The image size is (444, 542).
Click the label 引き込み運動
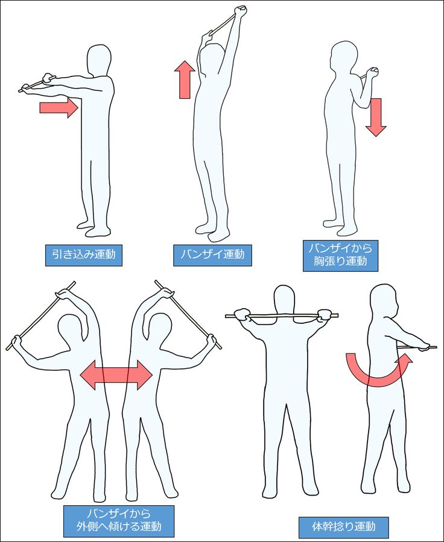tap(84, 255)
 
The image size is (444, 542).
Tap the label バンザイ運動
tap(212, 255)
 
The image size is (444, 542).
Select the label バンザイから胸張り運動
tap(340, 256)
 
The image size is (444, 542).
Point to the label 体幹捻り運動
tap(343, 527)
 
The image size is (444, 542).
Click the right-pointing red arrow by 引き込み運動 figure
tap(59, 108)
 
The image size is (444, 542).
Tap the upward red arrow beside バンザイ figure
tap(185, 80)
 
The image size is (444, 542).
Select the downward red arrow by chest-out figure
tap(376, 117)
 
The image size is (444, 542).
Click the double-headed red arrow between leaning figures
tap(116, 375)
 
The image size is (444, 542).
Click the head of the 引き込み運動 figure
tap(99, 60)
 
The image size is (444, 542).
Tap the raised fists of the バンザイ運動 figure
tap(240, 11)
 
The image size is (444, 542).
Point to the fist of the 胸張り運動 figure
tap(372, 74)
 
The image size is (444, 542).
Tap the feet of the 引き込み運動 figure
tap(94, 229)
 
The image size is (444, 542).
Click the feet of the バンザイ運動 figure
tap(212, 232)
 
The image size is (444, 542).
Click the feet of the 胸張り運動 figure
tap(340, 227)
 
